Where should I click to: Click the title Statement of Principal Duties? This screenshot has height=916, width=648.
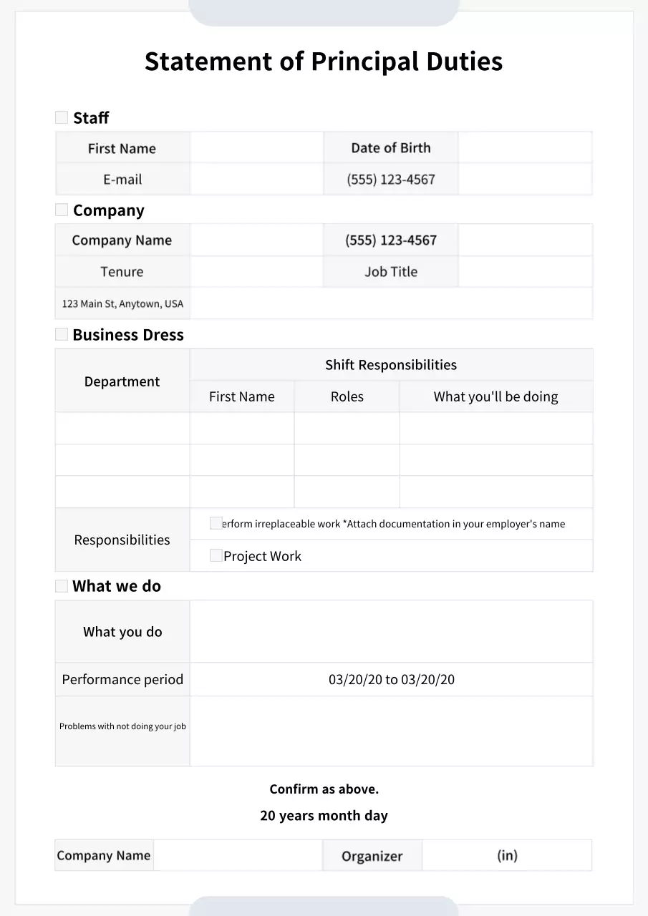[x=324, y=62]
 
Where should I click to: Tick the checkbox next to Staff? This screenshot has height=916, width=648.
[x=62, y=117]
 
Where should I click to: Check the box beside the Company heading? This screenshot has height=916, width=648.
[x=62, y=210]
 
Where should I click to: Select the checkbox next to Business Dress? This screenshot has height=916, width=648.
[x=62, y=334]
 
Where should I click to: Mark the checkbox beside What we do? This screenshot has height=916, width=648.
[x=62, y=586]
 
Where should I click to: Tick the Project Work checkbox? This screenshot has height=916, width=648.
[x=216, y=555]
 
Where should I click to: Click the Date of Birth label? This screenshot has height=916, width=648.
[x=390, y=148]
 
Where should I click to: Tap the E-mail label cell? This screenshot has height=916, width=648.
[x=122, y=180]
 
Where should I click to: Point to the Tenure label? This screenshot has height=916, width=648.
[x=122, y=272]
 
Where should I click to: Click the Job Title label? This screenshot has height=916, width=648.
[x=390, y=272]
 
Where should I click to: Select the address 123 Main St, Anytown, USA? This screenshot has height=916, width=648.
[x=122, y=303]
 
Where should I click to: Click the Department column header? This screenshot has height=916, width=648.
[x=122, y=381]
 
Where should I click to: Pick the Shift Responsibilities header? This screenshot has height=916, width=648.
[x=390, y=365]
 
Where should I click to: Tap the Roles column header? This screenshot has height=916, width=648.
[x=347, y=396]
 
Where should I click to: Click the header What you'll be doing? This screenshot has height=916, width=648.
[x=495, y=396]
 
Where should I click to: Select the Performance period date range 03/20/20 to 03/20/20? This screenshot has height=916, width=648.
[x=391, y=680]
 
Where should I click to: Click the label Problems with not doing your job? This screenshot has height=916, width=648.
[x=122, y=726]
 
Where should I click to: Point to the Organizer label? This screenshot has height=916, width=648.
[x=372, y=856]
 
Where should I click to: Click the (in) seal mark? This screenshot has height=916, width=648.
[x=507, y=855]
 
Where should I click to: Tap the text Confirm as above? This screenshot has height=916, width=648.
[x=324, y=789]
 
